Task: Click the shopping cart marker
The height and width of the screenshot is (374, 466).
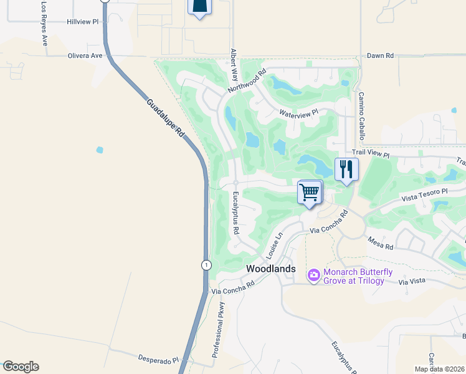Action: tap(310, 193)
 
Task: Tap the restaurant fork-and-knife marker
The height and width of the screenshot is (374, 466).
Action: tap(346, 169)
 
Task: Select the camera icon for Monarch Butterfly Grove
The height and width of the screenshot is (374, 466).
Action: tap(313, 274)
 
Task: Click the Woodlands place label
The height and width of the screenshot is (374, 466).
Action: tap(270, 268)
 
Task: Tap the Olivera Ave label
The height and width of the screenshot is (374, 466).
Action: tap(85, 55)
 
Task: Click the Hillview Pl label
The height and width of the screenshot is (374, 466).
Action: tap(83, 21)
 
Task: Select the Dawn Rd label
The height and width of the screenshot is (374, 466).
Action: tap(380, 55)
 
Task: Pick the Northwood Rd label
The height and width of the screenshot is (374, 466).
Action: tap(247, 80)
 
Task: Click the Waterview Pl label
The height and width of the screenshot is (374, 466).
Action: tap(298, 113)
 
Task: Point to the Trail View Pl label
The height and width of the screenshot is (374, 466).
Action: tap(370, 153)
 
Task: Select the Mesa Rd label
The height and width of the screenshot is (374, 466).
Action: tap(380, 242)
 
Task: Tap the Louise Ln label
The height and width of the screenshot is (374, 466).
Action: tap(275, 245)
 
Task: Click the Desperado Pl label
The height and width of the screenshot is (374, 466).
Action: tap(158, 360)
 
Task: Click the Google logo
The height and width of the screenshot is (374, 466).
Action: tap(21, 367)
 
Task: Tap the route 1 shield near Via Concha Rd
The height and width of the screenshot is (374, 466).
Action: tap(206, 265)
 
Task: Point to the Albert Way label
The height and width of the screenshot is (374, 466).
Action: tap(234, 65)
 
